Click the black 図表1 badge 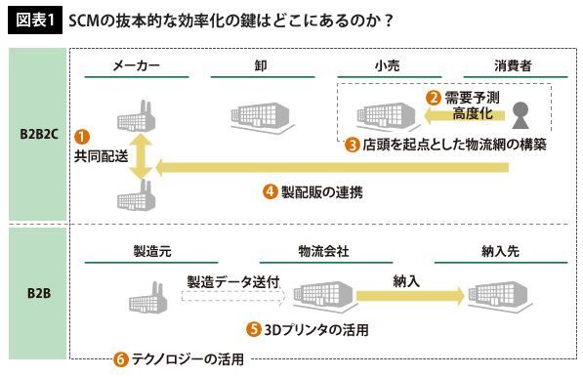tap(35, 20)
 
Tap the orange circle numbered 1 tap(82, 137)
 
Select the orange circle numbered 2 tap(434, 98)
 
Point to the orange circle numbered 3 tap(352, 145)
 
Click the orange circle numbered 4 tap(271, 191)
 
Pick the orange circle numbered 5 tap(254, 329)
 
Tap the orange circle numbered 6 tap(120, 359)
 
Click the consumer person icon tap(521, 115)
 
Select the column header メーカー tap(136, 65)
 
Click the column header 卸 tap(261, 65)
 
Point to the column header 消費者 tap(513, 65)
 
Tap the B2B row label tap(39, 293)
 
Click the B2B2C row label tap(39, 134)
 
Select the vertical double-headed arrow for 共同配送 tap(141, 156)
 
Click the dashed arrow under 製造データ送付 tap(233, 296)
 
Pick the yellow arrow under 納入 tap(410, 296)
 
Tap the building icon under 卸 tap(262, 116)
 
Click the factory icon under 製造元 tap(148, 298)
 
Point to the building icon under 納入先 tap(499, 296)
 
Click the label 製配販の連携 tap(321, 192)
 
